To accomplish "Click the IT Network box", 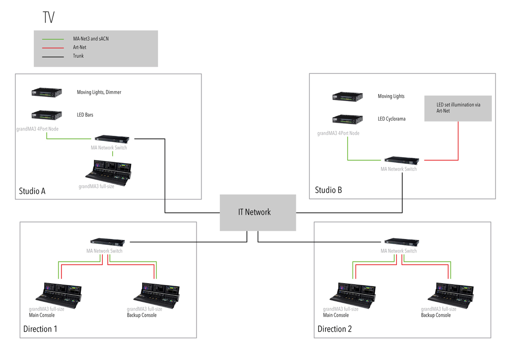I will [x=258, y=213].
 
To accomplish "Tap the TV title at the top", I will [x=49, y=18].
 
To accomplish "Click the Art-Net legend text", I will [x=79, y=47].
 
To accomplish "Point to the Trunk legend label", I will [x=78, y=56].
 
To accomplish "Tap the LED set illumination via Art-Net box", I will [x=458, y=108].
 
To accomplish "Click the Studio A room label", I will [x=32, y=191].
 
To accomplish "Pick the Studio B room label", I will [x=328, y=190].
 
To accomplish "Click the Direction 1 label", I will [x=40, y=329].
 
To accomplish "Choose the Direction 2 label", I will [x=335, y=329].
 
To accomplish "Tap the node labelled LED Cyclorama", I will [x=347, y=119].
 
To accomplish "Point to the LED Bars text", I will [x=85, y=115].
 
